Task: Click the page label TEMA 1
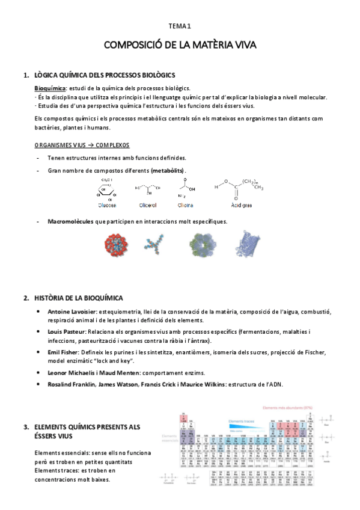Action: coord(180,26)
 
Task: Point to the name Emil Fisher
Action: coord(63,351)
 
